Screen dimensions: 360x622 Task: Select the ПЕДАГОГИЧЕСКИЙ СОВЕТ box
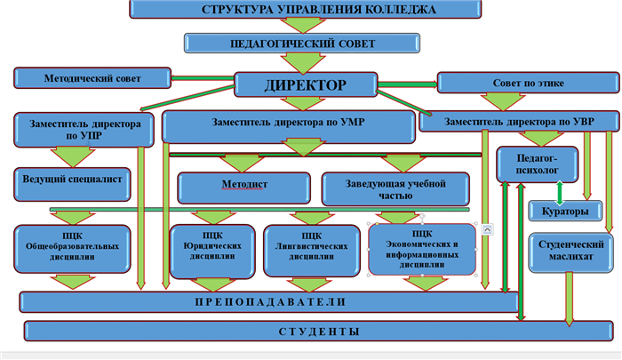(x=300, y=44)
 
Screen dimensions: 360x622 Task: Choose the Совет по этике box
(x=528, y=84)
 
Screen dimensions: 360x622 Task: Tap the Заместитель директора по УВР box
(x=519, y=121)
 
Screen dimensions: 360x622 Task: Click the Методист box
(x=243, y=187)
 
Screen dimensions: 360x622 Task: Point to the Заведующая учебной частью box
(x=395, y=188)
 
